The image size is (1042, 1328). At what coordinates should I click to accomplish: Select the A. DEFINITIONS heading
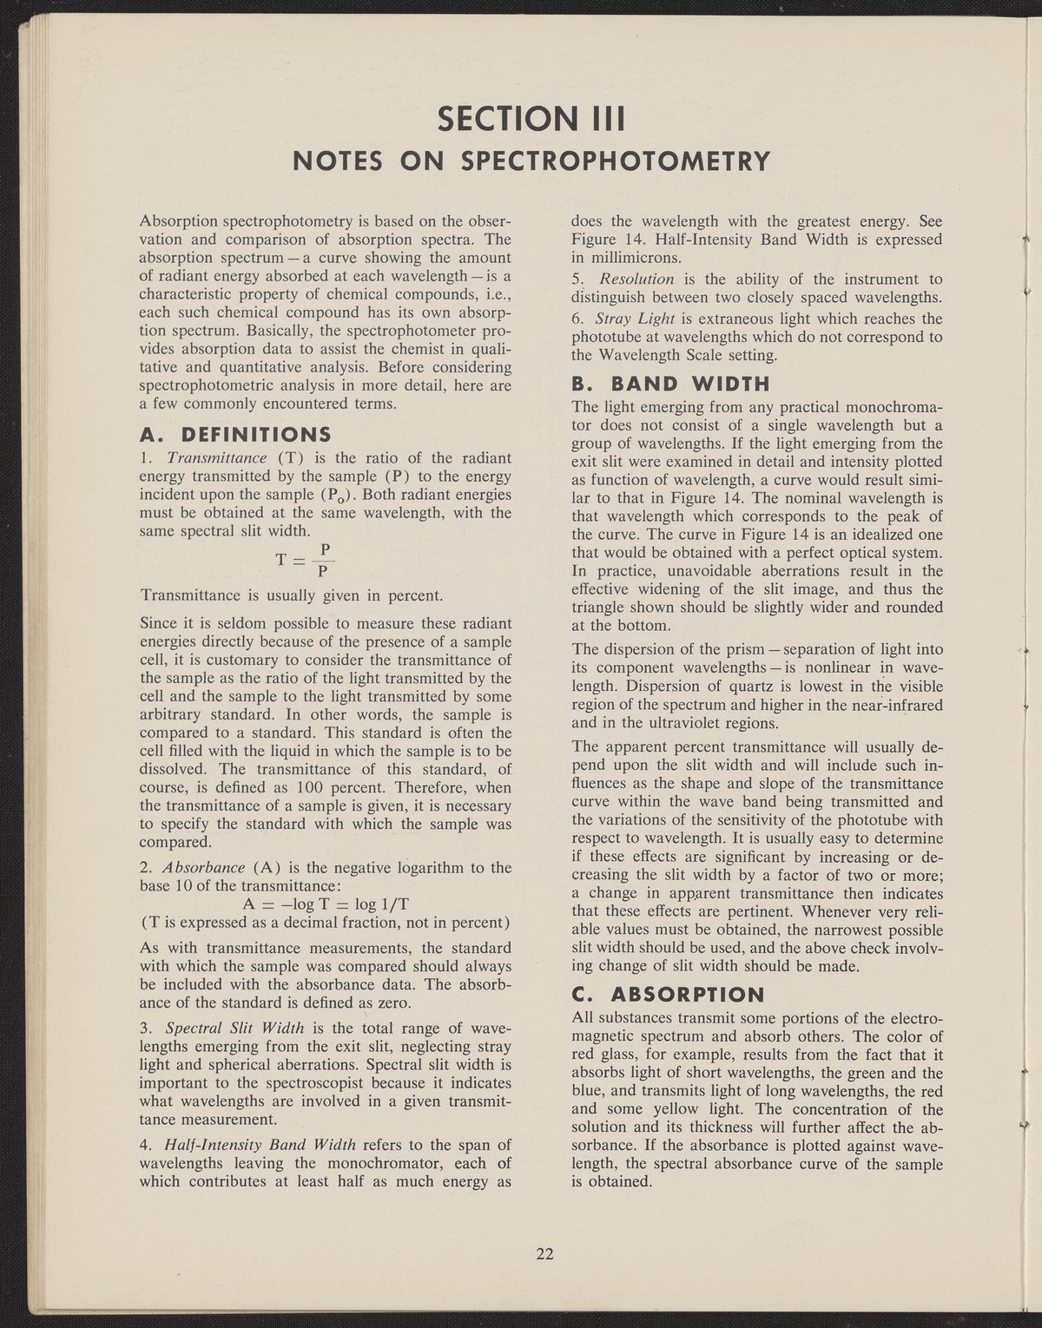[x=234, y=433]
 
